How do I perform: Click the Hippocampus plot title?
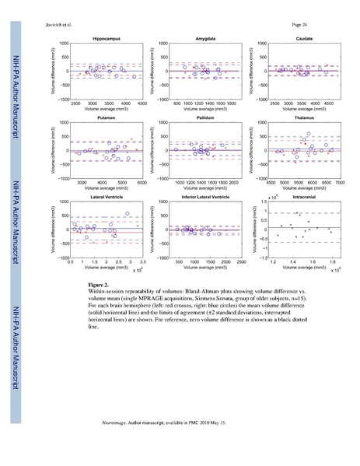[106, 37]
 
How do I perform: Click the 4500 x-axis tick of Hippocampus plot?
[142, 103]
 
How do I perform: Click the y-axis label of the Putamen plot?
[54, 149]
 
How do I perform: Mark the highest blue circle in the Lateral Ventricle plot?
[128, 214]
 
